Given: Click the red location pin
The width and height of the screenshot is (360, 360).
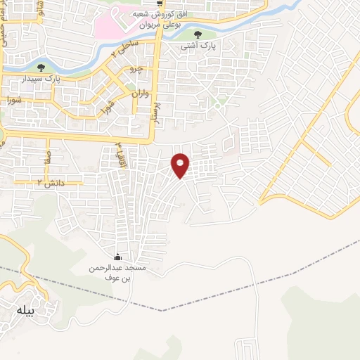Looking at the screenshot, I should (181, 165).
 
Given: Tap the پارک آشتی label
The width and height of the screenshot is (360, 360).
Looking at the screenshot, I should (198, 46).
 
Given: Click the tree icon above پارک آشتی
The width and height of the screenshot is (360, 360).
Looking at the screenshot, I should (198, 34).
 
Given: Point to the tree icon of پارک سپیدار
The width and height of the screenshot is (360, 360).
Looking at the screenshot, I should (41, 68).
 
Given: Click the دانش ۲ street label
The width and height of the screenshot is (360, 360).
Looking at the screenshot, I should (49, 183).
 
